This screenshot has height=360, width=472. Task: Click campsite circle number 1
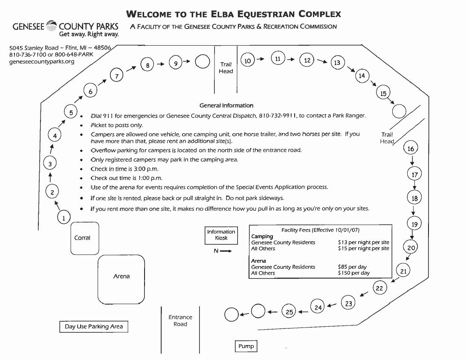(64, 218)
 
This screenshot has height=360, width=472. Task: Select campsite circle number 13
(337, 63)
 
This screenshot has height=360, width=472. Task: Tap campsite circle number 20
(411, 248)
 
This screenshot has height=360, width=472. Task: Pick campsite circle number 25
(290, 312)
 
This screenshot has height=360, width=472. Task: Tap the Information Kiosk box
(221, 235)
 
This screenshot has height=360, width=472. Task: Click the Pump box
(246, 346)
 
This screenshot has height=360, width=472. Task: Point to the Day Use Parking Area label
(94, 327)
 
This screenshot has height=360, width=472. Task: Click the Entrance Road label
(180, 321)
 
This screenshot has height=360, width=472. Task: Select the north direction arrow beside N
(226, 251)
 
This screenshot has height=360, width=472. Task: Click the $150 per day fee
(353, 273)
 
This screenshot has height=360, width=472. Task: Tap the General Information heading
(226, 105)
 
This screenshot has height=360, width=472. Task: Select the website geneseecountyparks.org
(42, 61)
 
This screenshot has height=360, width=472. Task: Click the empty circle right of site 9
(202, 62)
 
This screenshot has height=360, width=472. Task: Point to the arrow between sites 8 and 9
(160, 64)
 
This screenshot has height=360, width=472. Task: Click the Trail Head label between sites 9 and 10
(226, 68)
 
